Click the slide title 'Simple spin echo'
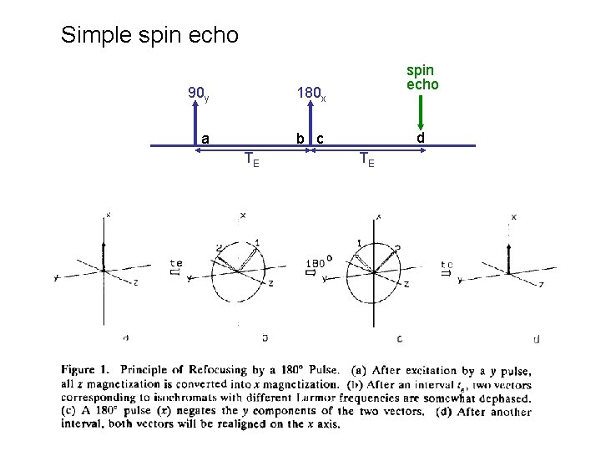[x=149, y=36]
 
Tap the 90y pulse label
[x=199, y=94]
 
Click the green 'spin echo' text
[x=422, y=77]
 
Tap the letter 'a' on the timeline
[x=205, y=138]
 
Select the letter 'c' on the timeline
[x=320, y=139]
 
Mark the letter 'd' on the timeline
[x=422, y=137]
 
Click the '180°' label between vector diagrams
[x=319, y=261]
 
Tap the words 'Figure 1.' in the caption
[x=85, y=370]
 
